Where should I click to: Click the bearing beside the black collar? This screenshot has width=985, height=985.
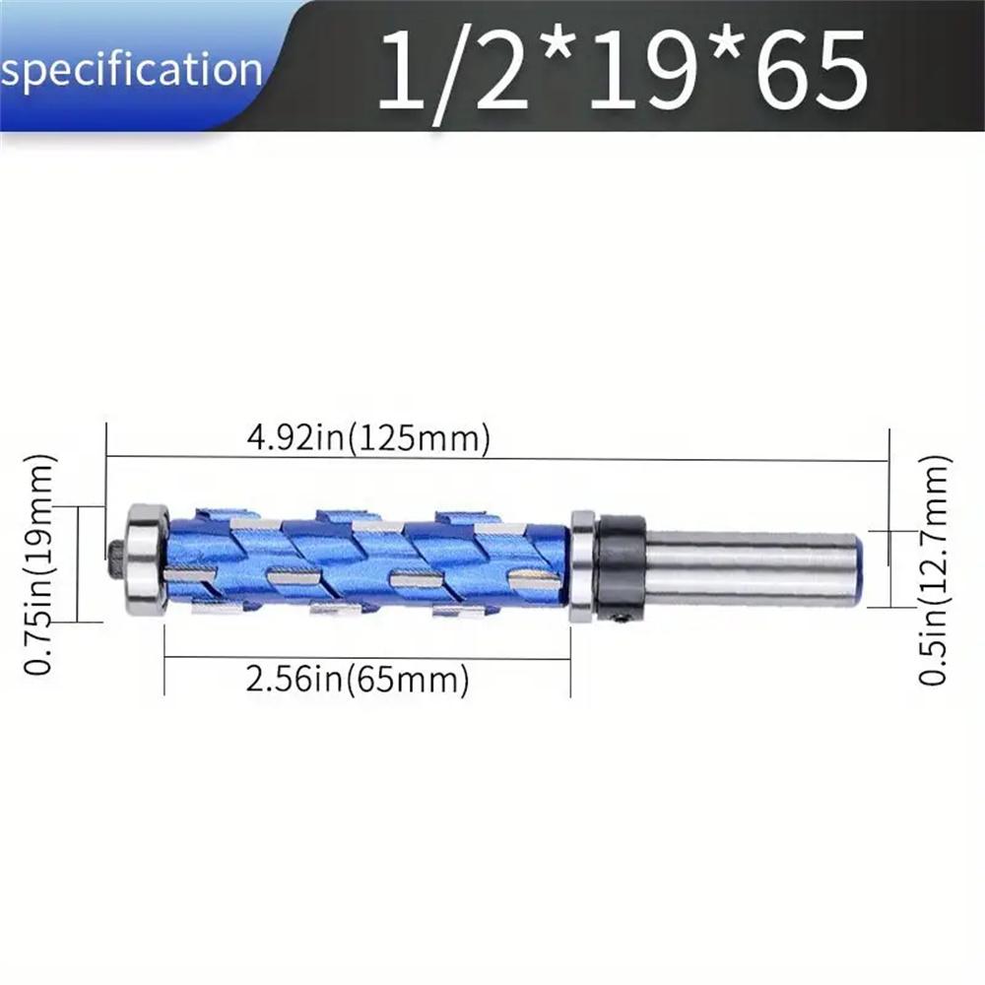(x=582, y=566)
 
